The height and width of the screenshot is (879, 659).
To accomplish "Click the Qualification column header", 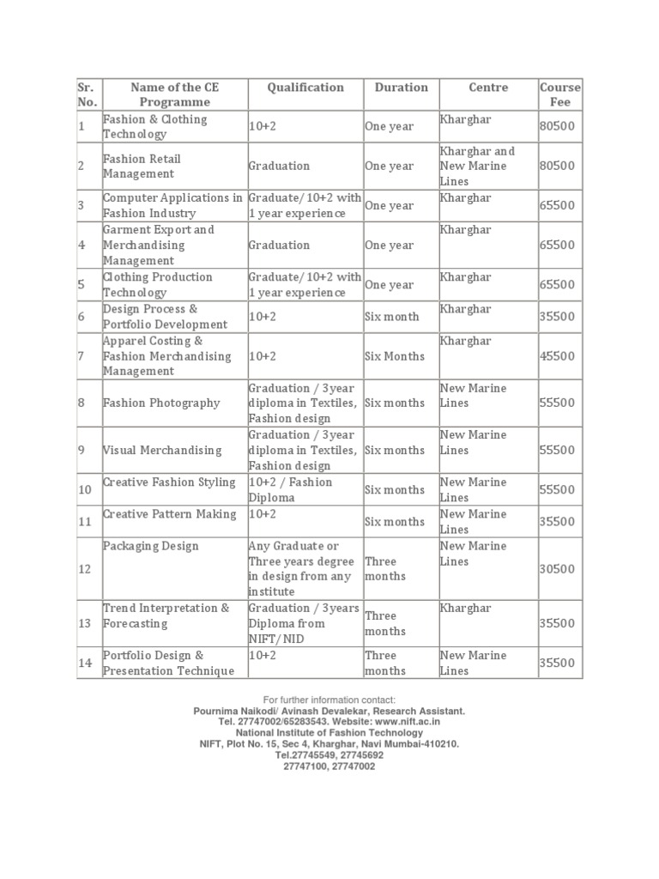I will [305, 88].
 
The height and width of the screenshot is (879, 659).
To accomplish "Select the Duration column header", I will [401, 88].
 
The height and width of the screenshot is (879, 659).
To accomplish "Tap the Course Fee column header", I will [559, 94].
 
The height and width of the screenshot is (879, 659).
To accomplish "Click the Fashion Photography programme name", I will [161, 403].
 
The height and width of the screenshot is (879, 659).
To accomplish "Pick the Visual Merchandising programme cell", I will [162, 450].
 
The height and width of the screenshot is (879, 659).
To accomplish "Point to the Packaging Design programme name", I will [151, 546].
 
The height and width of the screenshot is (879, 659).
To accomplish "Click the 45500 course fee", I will [557, 356].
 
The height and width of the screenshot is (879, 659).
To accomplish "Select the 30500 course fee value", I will [557, 569].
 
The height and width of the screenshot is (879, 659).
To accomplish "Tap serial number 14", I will [85, 663].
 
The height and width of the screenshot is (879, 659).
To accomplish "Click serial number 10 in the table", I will [85, 490].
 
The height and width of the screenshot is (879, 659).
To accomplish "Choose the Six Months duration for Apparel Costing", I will [395, 356].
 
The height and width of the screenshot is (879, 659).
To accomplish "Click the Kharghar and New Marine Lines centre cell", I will [477, 166].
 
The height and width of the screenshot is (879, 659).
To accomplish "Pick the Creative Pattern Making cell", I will [169, 514].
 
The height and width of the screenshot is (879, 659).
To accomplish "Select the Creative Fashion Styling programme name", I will [169, 482].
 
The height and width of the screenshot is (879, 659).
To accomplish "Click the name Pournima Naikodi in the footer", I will [229, 711].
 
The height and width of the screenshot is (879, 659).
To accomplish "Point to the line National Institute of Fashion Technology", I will [329, 733].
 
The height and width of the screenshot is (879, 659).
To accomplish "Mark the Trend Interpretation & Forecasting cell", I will [166, 615].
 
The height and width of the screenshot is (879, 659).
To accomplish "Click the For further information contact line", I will [329, 700].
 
